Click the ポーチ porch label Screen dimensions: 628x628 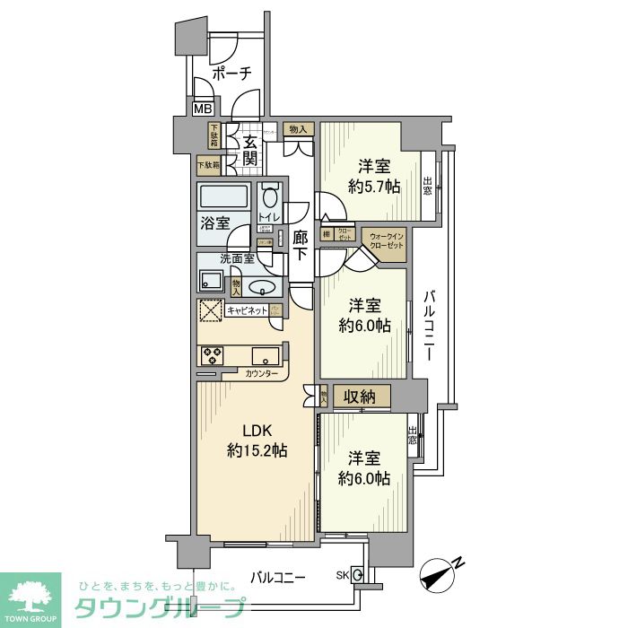(231, 74)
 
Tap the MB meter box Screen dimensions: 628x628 (204, 109)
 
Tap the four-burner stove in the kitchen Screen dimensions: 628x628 (212, 354)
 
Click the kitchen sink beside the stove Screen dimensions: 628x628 (266, 353)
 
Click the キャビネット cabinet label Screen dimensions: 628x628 (247, 310)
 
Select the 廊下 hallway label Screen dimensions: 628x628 (301, 244)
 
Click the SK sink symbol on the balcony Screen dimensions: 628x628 (356, 575)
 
